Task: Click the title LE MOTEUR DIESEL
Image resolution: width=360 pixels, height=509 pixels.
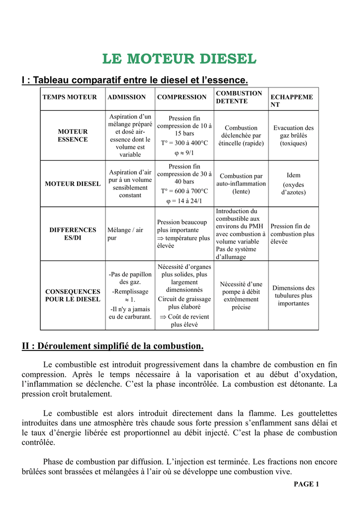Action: [180, 59]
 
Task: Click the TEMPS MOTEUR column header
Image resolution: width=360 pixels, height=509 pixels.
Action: [70, 97]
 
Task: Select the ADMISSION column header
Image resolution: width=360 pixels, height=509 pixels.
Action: [127, 97]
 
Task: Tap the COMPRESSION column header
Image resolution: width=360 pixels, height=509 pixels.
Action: [181, 97]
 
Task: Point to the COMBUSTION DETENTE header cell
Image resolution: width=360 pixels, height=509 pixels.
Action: [239, 97]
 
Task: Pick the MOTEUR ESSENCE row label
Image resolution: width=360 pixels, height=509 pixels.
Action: [73, 136]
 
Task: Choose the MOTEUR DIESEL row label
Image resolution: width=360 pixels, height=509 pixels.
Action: [73, 184]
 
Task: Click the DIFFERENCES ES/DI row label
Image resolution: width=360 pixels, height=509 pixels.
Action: [73, 234]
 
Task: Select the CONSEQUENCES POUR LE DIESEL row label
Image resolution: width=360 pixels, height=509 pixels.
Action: [73, 295]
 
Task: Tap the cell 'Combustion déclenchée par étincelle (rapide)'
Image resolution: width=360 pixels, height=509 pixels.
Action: [241, 136]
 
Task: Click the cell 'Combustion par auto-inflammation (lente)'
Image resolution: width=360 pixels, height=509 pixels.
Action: [241, 183]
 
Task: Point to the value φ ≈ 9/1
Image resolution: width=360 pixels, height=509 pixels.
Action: [184, 153]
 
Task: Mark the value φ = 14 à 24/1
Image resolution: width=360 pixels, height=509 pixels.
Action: [184, 201]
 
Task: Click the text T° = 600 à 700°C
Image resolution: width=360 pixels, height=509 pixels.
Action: [184, 191]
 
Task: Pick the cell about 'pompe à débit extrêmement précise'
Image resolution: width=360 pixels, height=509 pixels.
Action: [241, 296]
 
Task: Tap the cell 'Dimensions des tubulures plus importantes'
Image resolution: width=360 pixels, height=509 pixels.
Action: [293, 296]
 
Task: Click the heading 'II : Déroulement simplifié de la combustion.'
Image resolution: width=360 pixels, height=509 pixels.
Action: [113, 346]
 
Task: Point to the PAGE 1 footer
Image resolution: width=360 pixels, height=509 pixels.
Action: [306, 484]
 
